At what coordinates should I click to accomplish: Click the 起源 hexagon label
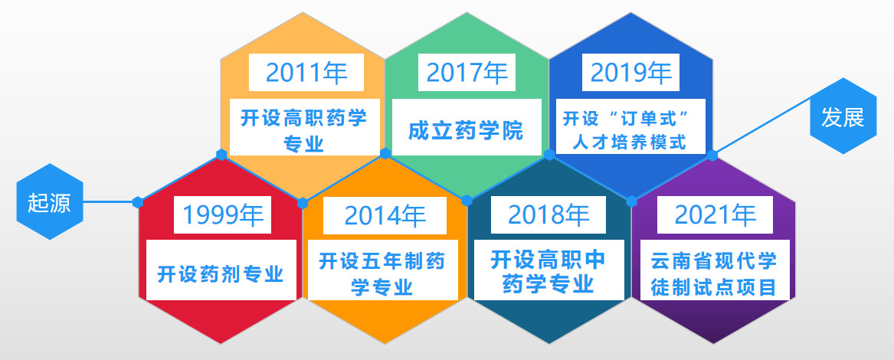50,201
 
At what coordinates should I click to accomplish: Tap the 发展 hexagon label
843,116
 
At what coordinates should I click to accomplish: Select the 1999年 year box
222,214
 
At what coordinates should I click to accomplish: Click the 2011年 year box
306,72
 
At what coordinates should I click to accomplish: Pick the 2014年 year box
385,215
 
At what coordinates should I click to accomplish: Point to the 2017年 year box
467,72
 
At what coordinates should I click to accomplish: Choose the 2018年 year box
549,214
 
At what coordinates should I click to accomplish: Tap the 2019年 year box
630,72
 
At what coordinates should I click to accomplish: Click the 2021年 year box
715,214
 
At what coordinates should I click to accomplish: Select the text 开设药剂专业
221,274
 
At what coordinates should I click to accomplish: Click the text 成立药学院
466,131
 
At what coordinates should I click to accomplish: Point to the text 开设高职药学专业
304,131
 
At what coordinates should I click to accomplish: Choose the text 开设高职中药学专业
549,272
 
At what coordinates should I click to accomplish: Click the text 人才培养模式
630,142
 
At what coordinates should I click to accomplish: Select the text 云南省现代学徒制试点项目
715,274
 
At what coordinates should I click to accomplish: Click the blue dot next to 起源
137,202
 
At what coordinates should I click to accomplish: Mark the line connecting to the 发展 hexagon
762,126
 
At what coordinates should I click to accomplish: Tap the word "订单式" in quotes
650,119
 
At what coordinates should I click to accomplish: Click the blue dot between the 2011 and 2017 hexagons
385,153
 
